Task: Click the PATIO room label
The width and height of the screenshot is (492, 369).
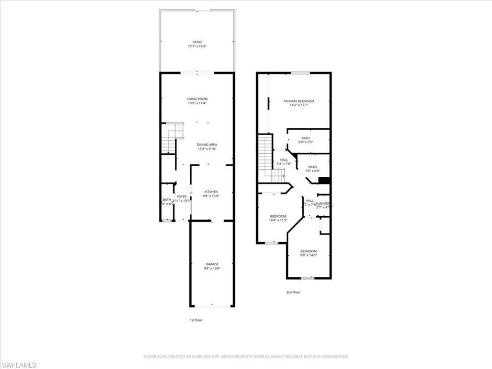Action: click(x=197, y=42)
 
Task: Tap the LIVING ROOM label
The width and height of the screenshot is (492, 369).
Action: click(x=197, y=99)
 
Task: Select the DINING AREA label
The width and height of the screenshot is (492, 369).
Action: click(x=207, y=145)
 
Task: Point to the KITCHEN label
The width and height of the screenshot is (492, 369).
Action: click(x=210, y=192)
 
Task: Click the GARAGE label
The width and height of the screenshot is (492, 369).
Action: click(x=212, y=264)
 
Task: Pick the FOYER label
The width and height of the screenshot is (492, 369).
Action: click(x=181, y=197)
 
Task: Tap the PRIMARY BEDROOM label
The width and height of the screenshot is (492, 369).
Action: click(x=298, y=101)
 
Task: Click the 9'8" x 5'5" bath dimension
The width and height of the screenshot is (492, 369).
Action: click(x=306, y=142)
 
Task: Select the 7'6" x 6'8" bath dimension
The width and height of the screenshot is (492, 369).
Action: click(x=312, y=171)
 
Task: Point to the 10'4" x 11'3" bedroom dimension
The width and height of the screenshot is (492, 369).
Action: click(x=278, y=221)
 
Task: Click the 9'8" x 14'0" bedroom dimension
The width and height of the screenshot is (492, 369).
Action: click(x=308, y=255)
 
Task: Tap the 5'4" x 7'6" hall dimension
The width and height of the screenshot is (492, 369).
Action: click(x=284, y=164)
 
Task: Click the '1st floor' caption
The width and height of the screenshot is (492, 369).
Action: click(x=196, y=320)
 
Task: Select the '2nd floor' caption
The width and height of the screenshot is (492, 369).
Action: click(x=293, y=292)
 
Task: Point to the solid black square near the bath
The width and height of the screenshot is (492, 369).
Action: click(x=324, y=181)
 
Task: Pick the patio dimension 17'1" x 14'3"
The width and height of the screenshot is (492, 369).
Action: click(x=197, y=47)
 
